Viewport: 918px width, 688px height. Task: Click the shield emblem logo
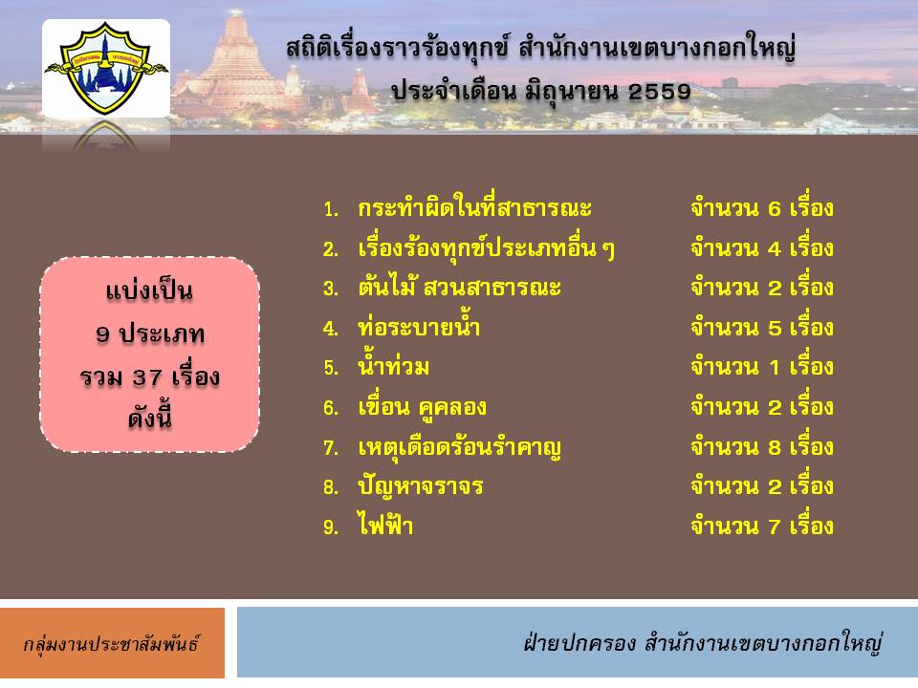(106, 68)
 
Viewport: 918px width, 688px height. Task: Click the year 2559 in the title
(659, 92)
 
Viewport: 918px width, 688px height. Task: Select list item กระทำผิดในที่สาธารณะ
(474, 208)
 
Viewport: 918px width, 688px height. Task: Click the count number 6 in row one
(774, 209)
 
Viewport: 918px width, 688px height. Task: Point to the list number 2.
(330, 249)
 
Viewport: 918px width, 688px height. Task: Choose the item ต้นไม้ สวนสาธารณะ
(459, 288)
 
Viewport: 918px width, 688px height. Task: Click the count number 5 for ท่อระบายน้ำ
(774, 328)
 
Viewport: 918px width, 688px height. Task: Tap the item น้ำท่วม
(393, 366)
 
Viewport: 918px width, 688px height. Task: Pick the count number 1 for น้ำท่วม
(774, 368)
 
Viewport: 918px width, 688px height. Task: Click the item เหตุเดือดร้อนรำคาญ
(459, 448)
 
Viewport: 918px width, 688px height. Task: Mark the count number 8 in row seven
(774, 447)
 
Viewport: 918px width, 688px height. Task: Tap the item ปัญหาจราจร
(420, 486)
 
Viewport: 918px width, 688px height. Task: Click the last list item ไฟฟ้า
(385, 525)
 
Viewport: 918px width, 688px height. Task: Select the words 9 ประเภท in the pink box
(150, 334)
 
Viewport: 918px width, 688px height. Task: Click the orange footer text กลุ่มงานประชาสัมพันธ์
(111, 643)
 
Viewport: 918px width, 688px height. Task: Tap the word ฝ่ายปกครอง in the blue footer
(579, 643)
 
